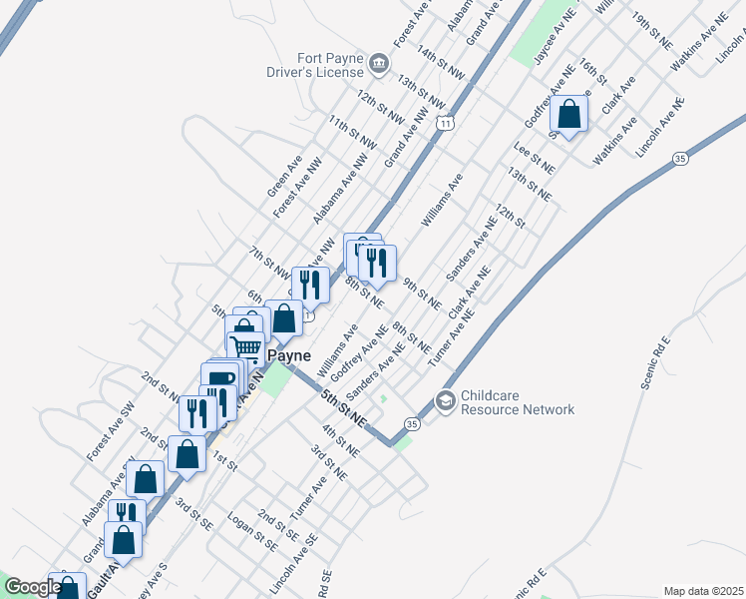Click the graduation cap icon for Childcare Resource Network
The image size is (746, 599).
tap(445, 402)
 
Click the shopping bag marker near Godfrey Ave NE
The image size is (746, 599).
tap(569, 114)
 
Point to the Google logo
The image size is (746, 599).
tap(31, 586)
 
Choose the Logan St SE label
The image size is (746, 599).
tap(252, 531)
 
